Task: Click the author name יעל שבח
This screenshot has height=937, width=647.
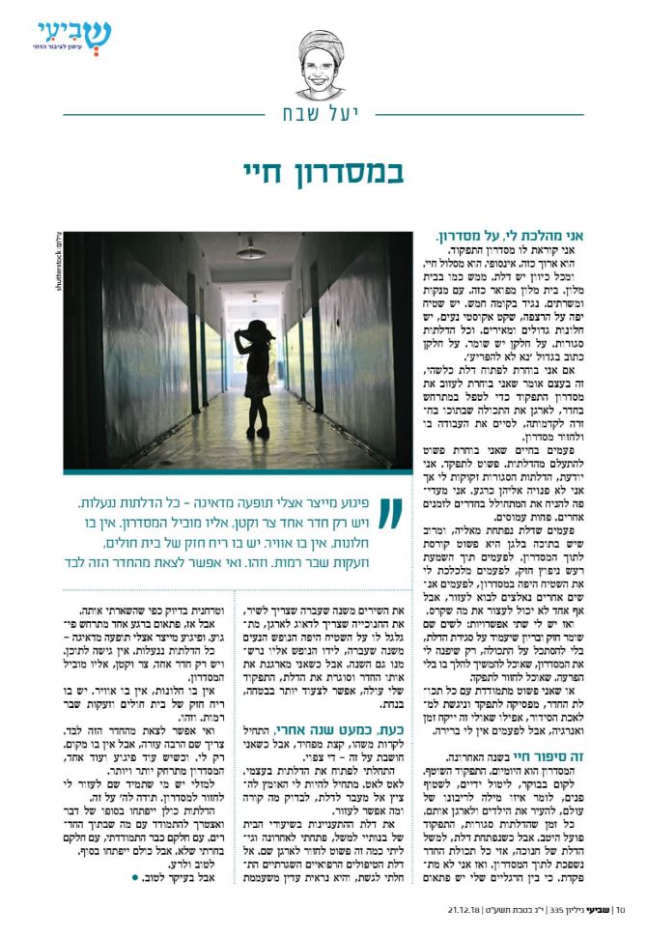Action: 322,115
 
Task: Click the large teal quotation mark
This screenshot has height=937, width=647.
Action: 389,513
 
